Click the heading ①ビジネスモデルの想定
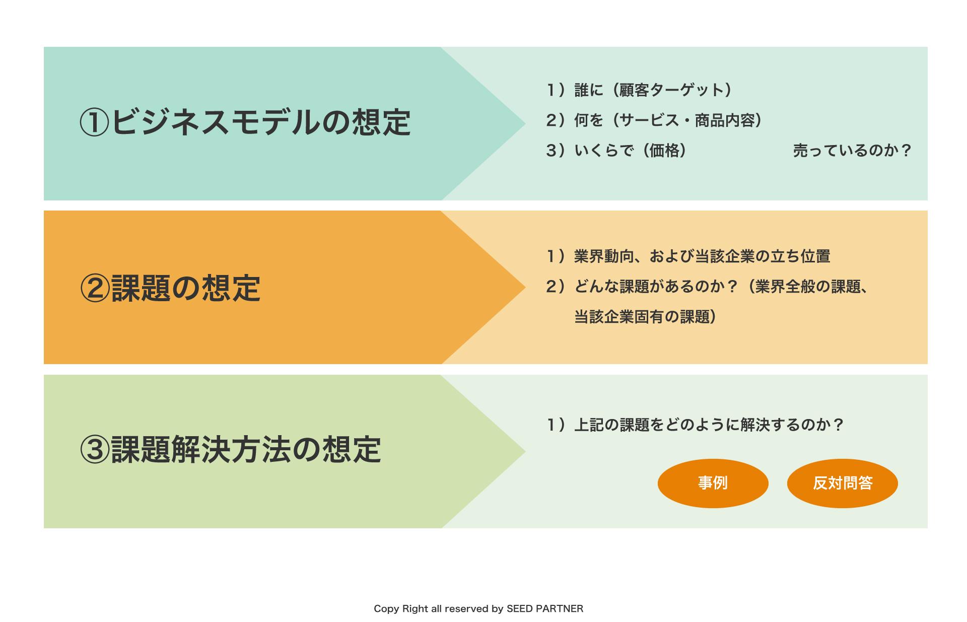[245, 122]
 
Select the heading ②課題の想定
[170, 288]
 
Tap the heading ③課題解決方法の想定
[231, 449]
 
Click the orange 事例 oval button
[713, 483]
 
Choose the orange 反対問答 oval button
[843, 483]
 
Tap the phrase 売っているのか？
[852, 150]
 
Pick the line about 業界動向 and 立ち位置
[688, 256]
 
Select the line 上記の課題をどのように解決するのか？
[695, 425]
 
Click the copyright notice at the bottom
[478, 608]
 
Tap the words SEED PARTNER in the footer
[545, 608]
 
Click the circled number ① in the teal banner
[95, 123]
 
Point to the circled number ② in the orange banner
[95, 289]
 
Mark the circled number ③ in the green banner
[95, 450]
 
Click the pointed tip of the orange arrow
[525, 287]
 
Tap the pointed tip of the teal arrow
[525, 123]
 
